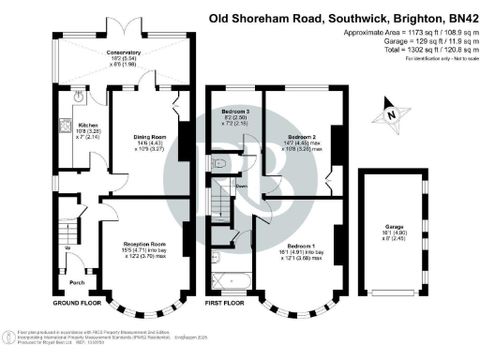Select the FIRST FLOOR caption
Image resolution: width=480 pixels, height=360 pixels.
coord(225,304)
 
